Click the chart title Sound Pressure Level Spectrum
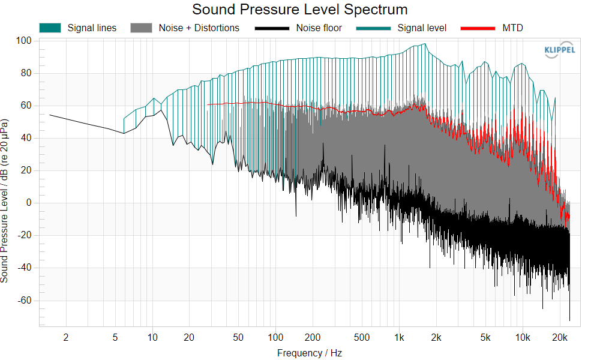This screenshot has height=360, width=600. [299, 9]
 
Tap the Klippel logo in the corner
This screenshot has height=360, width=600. [559, 50]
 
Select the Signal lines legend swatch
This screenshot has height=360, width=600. [50, 28]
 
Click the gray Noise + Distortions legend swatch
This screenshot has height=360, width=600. [141, 28]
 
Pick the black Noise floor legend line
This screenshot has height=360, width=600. [272, 28]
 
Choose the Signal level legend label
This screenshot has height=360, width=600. [422, 28]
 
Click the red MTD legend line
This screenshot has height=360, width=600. [478, 28]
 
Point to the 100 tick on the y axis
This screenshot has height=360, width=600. [23, 41]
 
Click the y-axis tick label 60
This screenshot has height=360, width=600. [26, 106]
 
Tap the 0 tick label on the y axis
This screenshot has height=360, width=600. [29, 203]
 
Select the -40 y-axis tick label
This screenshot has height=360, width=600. [25, 268]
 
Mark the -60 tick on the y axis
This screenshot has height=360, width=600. [25, 301]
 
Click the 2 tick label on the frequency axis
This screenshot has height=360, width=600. [66, 337]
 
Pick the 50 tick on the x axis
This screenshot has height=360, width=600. [238, 337]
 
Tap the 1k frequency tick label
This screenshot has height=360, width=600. [399, 337]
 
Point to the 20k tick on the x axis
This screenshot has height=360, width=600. [560, 337]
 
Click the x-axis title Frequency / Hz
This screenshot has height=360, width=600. [310, 353]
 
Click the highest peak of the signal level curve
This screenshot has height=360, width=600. [425, 44]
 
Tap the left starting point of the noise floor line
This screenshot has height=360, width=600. [50, 115]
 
